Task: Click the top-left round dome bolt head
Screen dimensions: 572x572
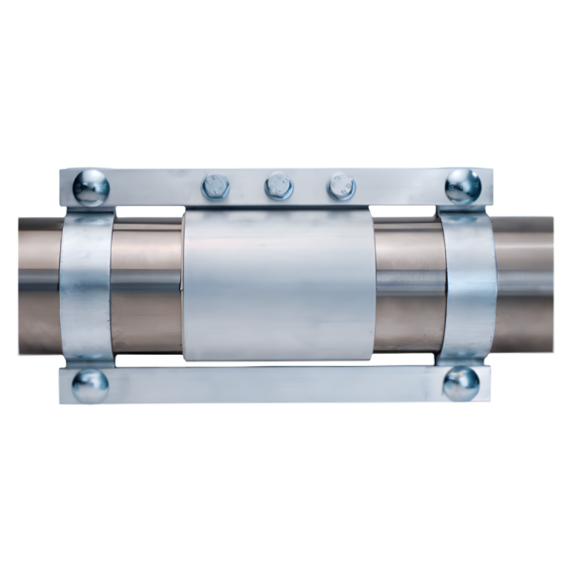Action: pos(90,186)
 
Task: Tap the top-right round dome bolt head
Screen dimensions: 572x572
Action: pos(462,185)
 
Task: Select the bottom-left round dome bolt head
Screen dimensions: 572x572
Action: pos(90,384)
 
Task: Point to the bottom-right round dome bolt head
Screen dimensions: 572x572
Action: pos(461,383)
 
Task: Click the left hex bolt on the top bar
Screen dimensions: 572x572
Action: pos(216,185)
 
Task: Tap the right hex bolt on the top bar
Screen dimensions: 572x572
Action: pos(340,185)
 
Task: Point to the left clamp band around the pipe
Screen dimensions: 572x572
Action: pos(87,286)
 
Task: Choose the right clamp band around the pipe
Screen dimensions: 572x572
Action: pos(466,286)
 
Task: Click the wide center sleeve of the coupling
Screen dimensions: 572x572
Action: pos(278,286)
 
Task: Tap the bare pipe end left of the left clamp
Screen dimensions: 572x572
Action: pos(38,286)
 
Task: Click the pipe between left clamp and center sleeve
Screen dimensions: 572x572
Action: pos(148,286)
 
